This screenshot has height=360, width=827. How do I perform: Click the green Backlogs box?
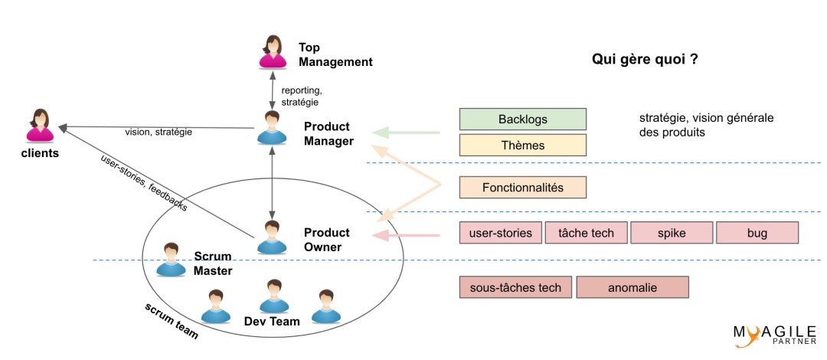point(522,119)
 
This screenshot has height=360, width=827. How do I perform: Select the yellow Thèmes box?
point(522,145)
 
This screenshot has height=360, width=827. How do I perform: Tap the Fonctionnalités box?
point(522,187)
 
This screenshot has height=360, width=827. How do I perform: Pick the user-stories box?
point(501,232)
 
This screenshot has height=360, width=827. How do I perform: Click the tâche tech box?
point(587,232)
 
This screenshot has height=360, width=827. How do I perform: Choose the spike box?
point(672,232)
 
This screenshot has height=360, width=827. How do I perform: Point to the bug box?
point(757,232)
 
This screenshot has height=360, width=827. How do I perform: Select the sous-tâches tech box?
point(515,287)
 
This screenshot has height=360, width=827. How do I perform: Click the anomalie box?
point(633,287)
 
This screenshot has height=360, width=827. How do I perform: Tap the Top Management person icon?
point(273,52)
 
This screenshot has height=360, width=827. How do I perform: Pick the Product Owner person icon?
point(271,237)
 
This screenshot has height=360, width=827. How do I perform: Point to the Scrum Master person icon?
point(170,260)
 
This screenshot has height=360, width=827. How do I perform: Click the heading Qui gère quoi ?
point(644,60)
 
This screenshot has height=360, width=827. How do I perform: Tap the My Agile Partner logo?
point(773,334)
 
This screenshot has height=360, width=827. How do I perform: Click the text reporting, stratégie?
point(300,96)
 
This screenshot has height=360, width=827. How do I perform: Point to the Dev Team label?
point(272,321)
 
